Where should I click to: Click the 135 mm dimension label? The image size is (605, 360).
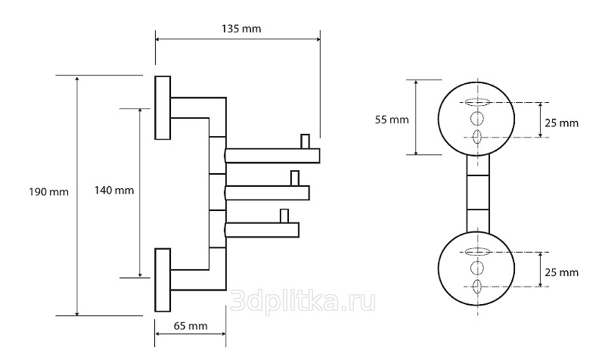tap(241, 29)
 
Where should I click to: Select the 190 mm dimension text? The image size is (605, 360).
tap(48, 192)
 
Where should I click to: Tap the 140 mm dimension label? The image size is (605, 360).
tap(114, 191)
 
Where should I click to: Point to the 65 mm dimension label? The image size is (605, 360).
tap(191, 326)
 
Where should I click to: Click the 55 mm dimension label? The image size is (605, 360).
tap(392, 120)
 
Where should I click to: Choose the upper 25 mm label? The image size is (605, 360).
tap(561, 123)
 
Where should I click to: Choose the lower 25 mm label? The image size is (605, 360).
tap(561, 272)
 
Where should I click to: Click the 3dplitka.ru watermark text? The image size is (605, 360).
tap(302, 301)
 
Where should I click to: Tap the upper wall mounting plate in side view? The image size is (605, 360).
tap(163, 107)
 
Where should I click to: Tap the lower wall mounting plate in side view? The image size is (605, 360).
tap(163, 280)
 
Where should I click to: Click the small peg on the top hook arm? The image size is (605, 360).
tap(306, 141)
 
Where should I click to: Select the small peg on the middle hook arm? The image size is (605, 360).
tap(295, 178)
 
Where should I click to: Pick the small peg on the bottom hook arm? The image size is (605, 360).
tap(284, 216)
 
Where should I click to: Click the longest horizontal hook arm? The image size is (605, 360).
tap(272, 156)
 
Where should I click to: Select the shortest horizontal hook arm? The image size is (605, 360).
tap(262, 230)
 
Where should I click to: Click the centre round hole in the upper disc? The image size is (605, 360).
tap(477, 119)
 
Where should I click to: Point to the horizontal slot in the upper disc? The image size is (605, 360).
tap(477, 102)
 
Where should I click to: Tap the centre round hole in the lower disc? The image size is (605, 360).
tap(477, 268)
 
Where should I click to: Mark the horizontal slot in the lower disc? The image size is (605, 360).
tap(477, 252)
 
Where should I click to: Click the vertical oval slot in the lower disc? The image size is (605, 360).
tap(477, 287)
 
